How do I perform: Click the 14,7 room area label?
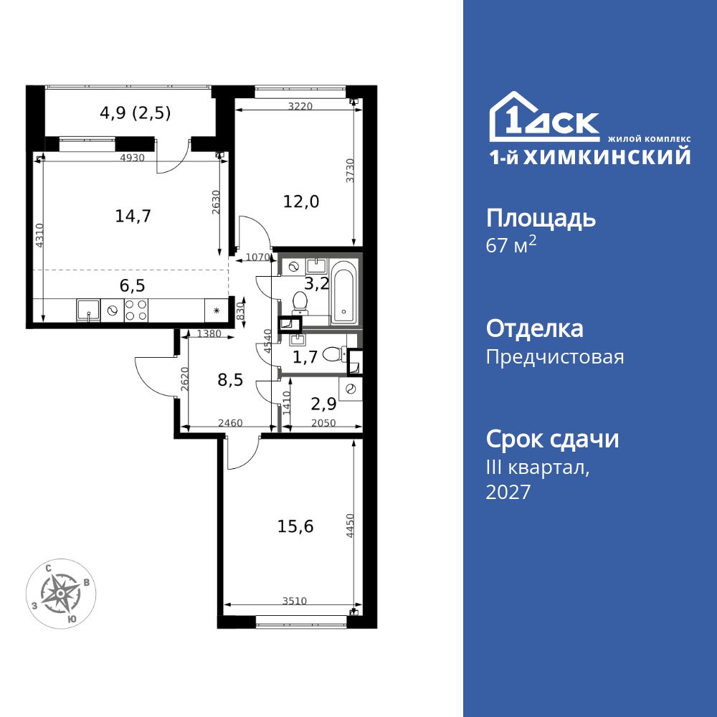pos(133,216)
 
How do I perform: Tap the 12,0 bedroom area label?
pos(301,201)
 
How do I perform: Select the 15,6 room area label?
pos(295,527)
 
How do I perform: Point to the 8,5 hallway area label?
pos(230,379)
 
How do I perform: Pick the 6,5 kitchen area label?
pos(132,285)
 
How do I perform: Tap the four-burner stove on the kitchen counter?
pos(136,310)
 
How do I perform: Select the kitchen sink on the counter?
pos(88,310)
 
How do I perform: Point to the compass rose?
pos(61,594)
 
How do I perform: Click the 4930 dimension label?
pos(132,158)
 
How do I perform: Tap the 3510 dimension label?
pos(294,601)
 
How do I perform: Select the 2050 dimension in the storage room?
pos(323,423)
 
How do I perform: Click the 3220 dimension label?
pos(300,106)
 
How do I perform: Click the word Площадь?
pos(541,219)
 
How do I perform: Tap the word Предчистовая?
pos(555,356)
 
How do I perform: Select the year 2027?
pos(508,492)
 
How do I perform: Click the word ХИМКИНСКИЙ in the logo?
pos(607,157)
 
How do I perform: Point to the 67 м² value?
pos(511,245)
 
